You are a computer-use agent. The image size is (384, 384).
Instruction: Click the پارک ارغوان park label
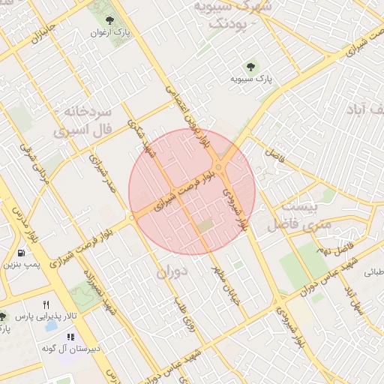coord(111,33)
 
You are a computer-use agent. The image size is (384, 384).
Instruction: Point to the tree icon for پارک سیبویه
coord(251,65)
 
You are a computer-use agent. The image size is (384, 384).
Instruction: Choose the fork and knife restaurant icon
coord(46,304)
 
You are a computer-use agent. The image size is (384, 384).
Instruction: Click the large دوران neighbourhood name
coord(171,272)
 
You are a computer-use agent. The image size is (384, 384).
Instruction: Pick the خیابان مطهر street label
coord(218,285)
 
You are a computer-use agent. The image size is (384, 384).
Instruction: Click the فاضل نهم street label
coord(335,241)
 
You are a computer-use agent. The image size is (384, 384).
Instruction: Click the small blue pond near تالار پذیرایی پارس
coord(52,328)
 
